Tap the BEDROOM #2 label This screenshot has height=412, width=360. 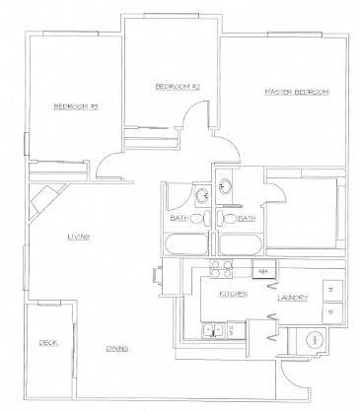click(x=179, y=88)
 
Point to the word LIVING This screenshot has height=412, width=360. click(x=80, y=237)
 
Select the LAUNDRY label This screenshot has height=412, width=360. click(x=295, y=298)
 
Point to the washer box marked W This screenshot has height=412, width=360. click(x=329, y=290)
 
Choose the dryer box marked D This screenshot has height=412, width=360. click(x=329, y=313)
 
